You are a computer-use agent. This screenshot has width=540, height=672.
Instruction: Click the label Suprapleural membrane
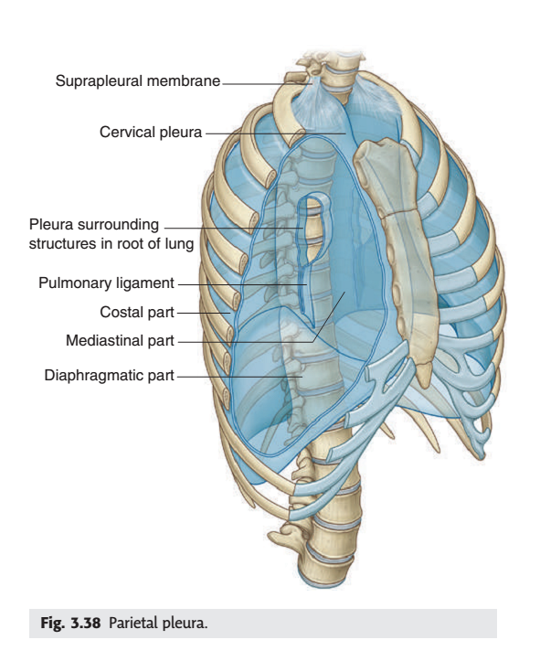coord(137,80)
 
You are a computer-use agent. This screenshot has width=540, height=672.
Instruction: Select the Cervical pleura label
coord(151,132)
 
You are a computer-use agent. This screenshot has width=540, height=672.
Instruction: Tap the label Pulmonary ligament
coord(106,283)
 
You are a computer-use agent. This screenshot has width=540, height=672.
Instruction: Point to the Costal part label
coord(137,312)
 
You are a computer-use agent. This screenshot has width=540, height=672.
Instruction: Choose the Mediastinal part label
coord(120,341)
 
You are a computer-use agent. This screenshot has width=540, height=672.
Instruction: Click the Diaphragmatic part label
coord(110,375)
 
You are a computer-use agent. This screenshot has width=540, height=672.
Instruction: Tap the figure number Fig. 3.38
coord(70,623)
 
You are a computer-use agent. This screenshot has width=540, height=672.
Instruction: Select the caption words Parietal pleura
coord(158,624)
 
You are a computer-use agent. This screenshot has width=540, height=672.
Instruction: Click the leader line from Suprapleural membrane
coord(268,83)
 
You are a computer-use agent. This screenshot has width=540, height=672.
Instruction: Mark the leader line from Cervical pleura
coord(276,133)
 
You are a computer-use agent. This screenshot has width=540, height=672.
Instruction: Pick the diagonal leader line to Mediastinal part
coord(329,317)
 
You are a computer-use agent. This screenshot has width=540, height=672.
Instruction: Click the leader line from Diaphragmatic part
coord(239,377)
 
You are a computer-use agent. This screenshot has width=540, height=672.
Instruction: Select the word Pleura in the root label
coord(51,225)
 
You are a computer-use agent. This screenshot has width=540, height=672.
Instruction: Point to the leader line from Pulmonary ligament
coord(242,284)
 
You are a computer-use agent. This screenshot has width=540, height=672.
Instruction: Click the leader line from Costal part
coord(204,314)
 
